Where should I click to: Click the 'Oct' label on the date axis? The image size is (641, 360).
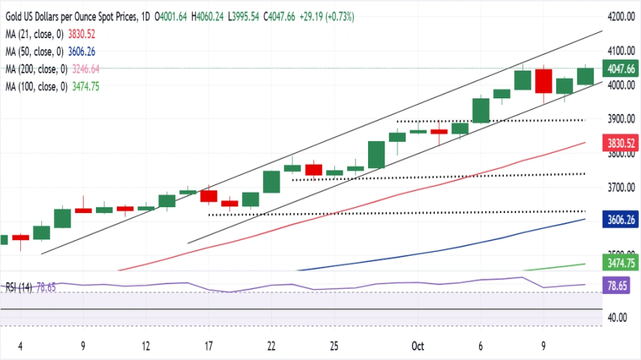pos(418,346)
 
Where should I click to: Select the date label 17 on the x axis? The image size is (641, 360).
pos(208,346)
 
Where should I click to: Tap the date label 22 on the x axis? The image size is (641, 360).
pos(271,346)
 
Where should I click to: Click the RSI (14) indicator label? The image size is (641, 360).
pos(20,286)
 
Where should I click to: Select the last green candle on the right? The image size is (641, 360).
pos(585,76)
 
